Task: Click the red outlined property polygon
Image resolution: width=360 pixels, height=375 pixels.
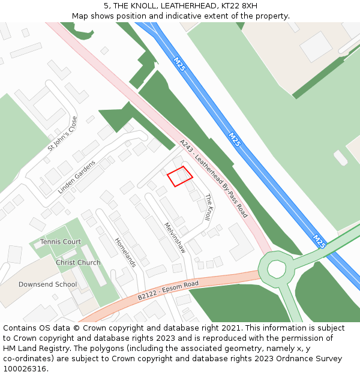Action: click(x=179, y=176)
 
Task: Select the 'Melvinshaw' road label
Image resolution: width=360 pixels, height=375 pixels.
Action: click(x=175, y=238)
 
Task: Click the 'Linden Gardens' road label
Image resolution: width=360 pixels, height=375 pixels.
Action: click(x=77, y=177)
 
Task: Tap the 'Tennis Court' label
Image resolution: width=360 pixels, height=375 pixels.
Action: click(x=61, y=242)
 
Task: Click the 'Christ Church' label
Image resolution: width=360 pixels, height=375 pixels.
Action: click(x=78, y=263)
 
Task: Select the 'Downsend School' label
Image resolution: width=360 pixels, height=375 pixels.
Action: click(x=47, y=284)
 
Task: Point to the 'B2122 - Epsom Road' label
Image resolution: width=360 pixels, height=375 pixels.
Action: click(x=168, y=290)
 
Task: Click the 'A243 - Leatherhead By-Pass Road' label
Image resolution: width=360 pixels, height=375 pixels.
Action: click(x=213, y=178)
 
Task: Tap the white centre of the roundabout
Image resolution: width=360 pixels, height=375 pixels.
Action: click(x=277, y=268)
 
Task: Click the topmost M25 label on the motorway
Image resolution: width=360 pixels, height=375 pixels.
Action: click(x=179, y=64)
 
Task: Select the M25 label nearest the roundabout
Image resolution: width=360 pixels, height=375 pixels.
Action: click(x=319, y=241)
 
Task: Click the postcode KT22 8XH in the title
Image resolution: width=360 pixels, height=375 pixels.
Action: click(x=240, y=6)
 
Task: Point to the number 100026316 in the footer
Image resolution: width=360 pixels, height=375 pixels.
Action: click(x=25, y=369)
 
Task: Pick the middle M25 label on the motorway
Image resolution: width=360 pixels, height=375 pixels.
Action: click(x=235, y=140)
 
